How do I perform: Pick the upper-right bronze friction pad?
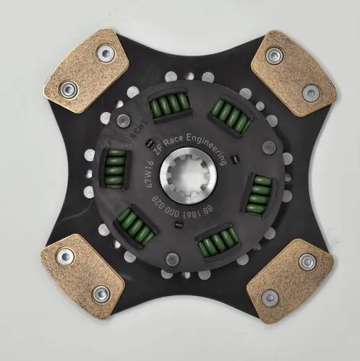[293, 71]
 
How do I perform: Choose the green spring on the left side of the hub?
[114, 164]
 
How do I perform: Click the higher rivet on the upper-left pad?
[106, 51]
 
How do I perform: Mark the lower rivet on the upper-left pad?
[69, 90]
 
